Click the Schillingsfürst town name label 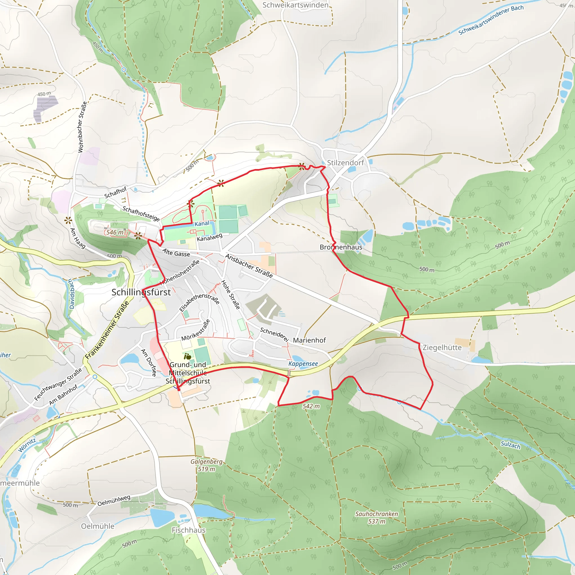click(141, 292)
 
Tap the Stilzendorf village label click(345, 163)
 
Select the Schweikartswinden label click(295, 5)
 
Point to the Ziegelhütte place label click(442, 348)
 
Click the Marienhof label click(309, 340)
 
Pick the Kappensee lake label click(303, 364)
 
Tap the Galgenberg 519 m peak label click(206, 465)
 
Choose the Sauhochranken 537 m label click(377, 517)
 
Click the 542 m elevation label click(311, 406)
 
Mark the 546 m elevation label click(115, 232)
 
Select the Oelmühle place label click(98, 526)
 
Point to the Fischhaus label click(188, 530)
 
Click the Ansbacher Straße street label click(249, 266)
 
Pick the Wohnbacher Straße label click(83, 127)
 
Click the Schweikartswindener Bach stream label click(491, 20)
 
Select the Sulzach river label click(510, 445)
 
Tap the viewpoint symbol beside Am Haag click(69, 220)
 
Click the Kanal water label click(202, 223)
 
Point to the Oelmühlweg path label click(114, 500)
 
